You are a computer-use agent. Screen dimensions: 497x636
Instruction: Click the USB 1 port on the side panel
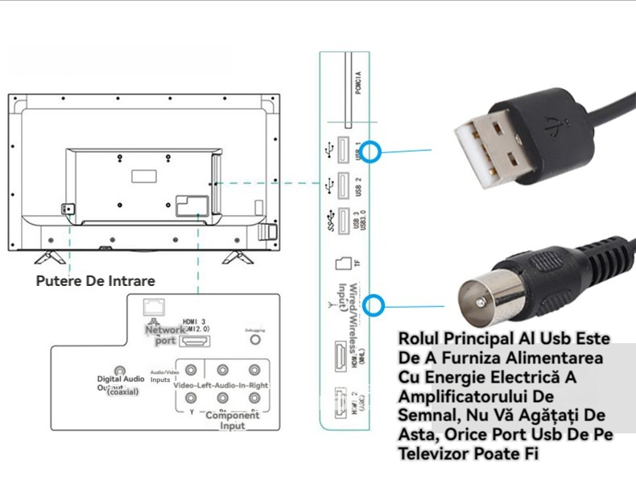coord(341,151)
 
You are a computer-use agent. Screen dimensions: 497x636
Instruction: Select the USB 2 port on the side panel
coord(341,185)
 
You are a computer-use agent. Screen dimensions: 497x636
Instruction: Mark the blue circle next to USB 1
coord(371,151)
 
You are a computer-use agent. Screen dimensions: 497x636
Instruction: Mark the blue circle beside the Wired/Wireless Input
coord(374,305)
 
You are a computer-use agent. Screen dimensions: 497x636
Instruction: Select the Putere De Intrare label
coord(95,280)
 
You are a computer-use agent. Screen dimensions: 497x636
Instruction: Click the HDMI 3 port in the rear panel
coord(193,342)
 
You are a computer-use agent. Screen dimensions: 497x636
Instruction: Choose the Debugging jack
coord(255,340)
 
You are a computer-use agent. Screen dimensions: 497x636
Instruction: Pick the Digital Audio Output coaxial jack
coord(120,369)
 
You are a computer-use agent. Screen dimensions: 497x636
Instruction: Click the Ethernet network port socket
coord(151,307)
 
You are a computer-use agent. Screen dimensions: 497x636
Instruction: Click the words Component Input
coord(233,420)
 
